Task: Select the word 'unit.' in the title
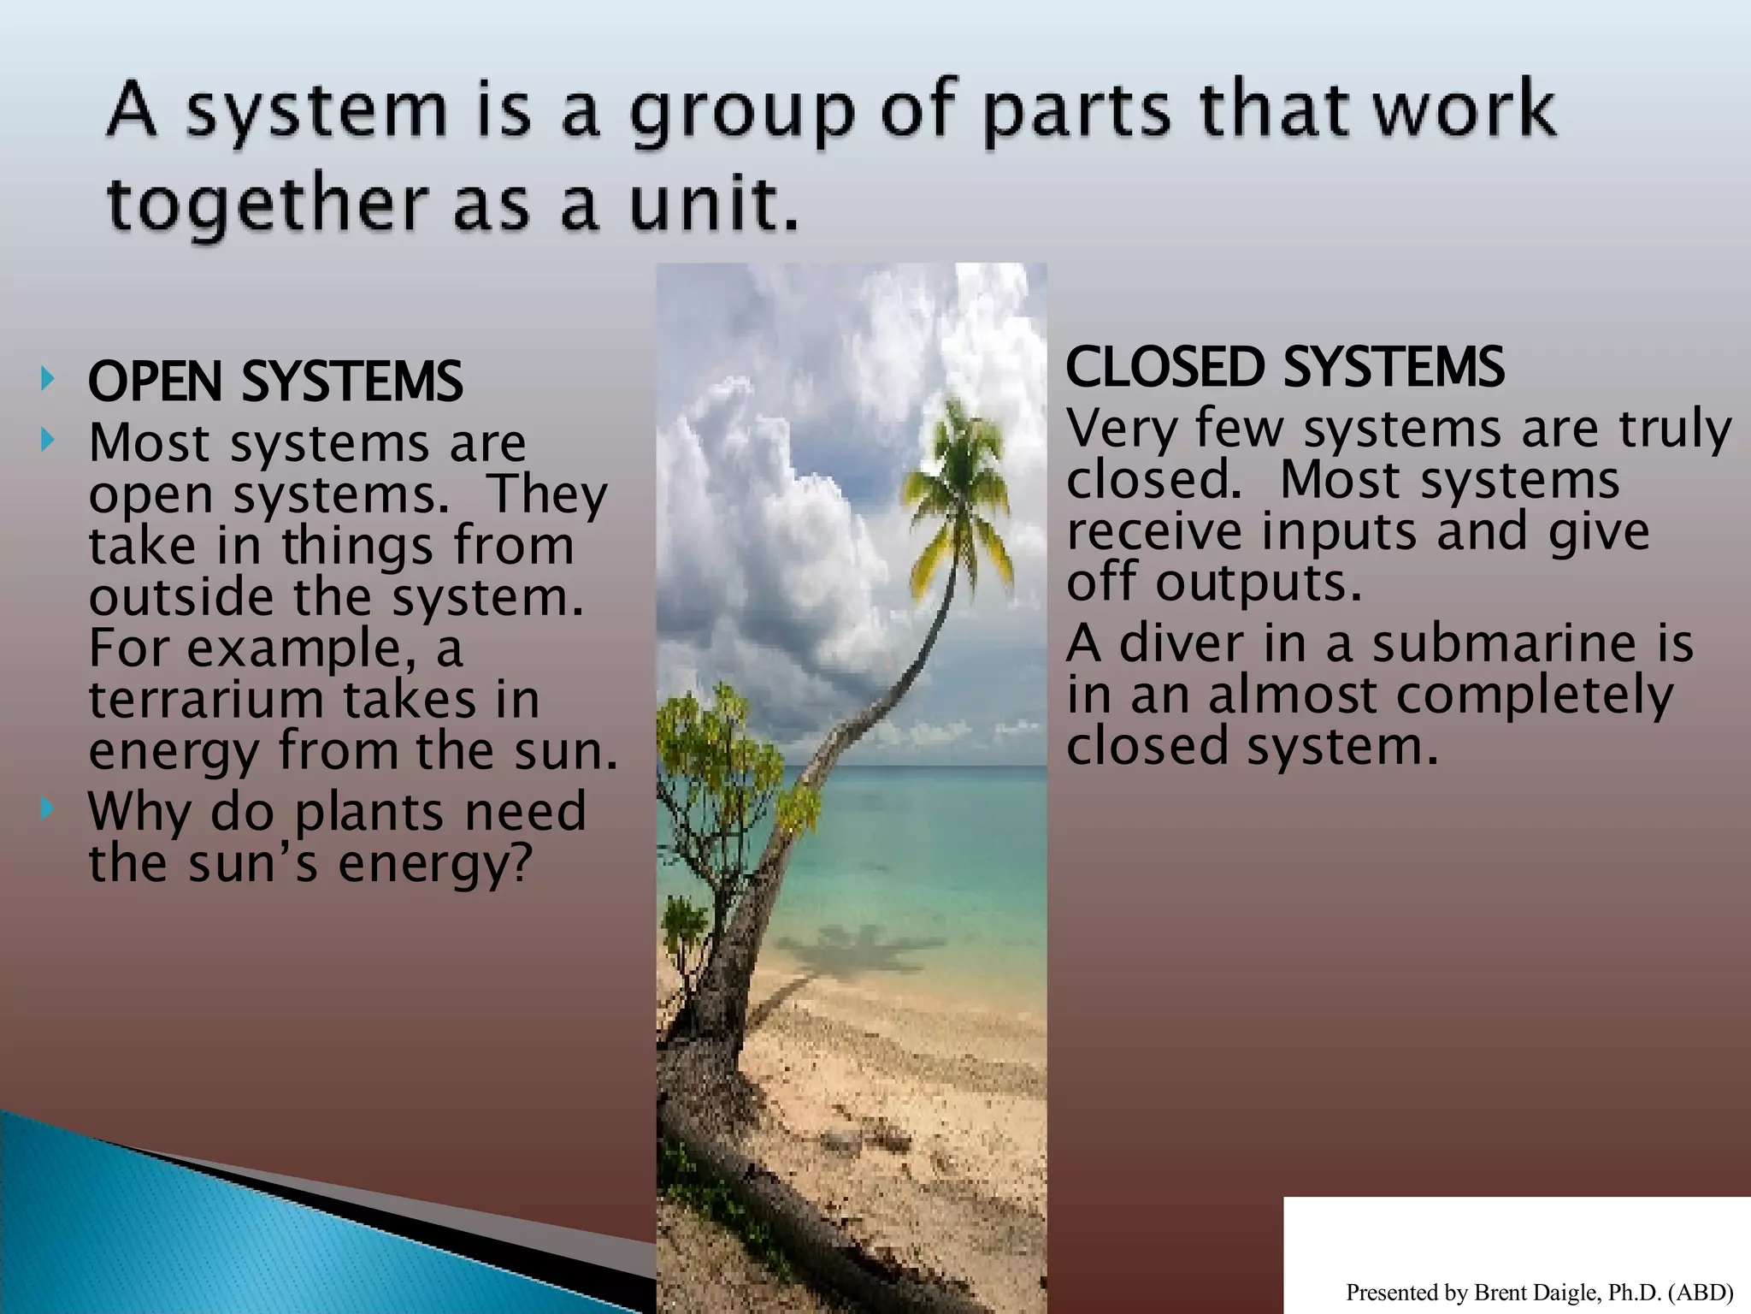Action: click(715, 205)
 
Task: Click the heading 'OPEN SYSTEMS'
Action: click(275, 382)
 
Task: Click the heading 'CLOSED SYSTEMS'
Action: click(1284, 368)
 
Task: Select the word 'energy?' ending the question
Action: click(436, 864)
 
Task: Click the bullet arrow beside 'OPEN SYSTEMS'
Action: click(48, 378)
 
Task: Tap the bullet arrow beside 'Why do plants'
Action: click(48, 808)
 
